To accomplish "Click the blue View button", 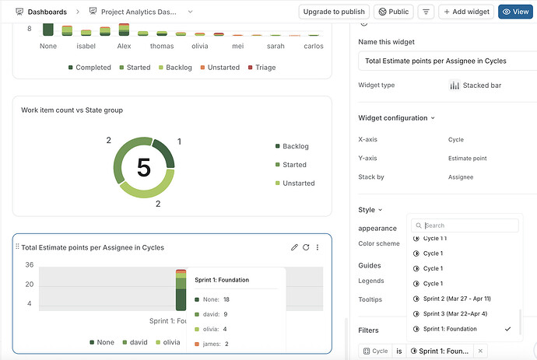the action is coord(515,12).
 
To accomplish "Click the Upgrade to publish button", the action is coord(334,12).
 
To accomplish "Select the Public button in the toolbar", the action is coord(394,12).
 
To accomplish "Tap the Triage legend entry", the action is coord(261,68).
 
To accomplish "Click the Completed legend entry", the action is coord(89,68).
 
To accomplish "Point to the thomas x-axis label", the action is coord(162,46).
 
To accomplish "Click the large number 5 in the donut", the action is coord(144,167).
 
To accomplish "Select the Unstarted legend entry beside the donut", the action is coord(295,183).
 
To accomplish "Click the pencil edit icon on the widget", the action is coord(294,247).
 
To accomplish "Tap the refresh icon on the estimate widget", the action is coord(306,247).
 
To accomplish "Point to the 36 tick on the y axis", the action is coord(29,264).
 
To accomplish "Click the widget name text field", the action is coord(447,61).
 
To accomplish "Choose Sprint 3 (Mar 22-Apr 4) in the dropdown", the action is coord(455,313).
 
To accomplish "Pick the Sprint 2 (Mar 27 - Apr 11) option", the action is coord(457,299).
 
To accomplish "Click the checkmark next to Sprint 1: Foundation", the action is coord(507,329).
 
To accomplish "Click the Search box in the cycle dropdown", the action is coord(465,225).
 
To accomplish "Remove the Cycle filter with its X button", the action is coord(480,351).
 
